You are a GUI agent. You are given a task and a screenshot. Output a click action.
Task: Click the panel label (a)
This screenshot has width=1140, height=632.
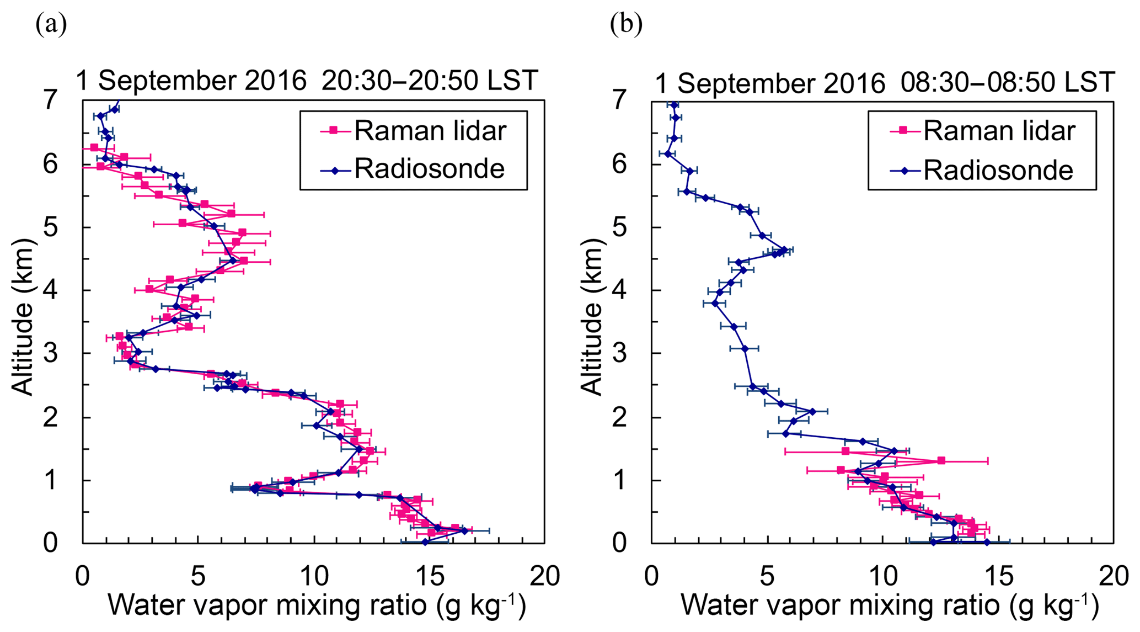pos(51,25)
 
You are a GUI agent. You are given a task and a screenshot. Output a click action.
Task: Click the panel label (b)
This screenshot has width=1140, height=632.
pos(626,25)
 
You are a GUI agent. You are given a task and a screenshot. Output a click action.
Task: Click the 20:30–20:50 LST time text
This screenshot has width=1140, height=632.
pos(429,81)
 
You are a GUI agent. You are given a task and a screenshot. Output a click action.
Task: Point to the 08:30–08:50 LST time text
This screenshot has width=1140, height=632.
pos(1008,83)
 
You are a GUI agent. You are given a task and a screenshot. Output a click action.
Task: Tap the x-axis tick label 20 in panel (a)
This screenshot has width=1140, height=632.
pos(544,576)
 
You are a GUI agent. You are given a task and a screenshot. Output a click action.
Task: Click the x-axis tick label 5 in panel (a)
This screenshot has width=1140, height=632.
pos(198,576)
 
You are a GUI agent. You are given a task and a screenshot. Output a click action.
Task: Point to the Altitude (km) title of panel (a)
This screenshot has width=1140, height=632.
pos(23,317)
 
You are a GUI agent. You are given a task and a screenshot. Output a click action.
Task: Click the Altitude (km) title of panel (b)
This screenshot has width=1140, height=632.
pos(592,317)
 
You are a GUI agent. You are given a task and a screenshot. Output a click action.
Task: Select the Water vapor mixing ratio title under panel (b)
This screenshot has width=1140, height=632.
pos(890,606)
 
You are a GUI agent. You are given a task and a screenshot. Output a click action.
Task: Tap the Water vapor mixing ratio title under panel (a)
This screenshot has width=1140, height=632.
pos(317,606)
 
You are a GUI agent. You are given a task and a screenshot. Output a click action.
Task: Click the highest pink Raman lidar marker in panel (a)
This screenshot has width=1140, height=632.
pos(94,147)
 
